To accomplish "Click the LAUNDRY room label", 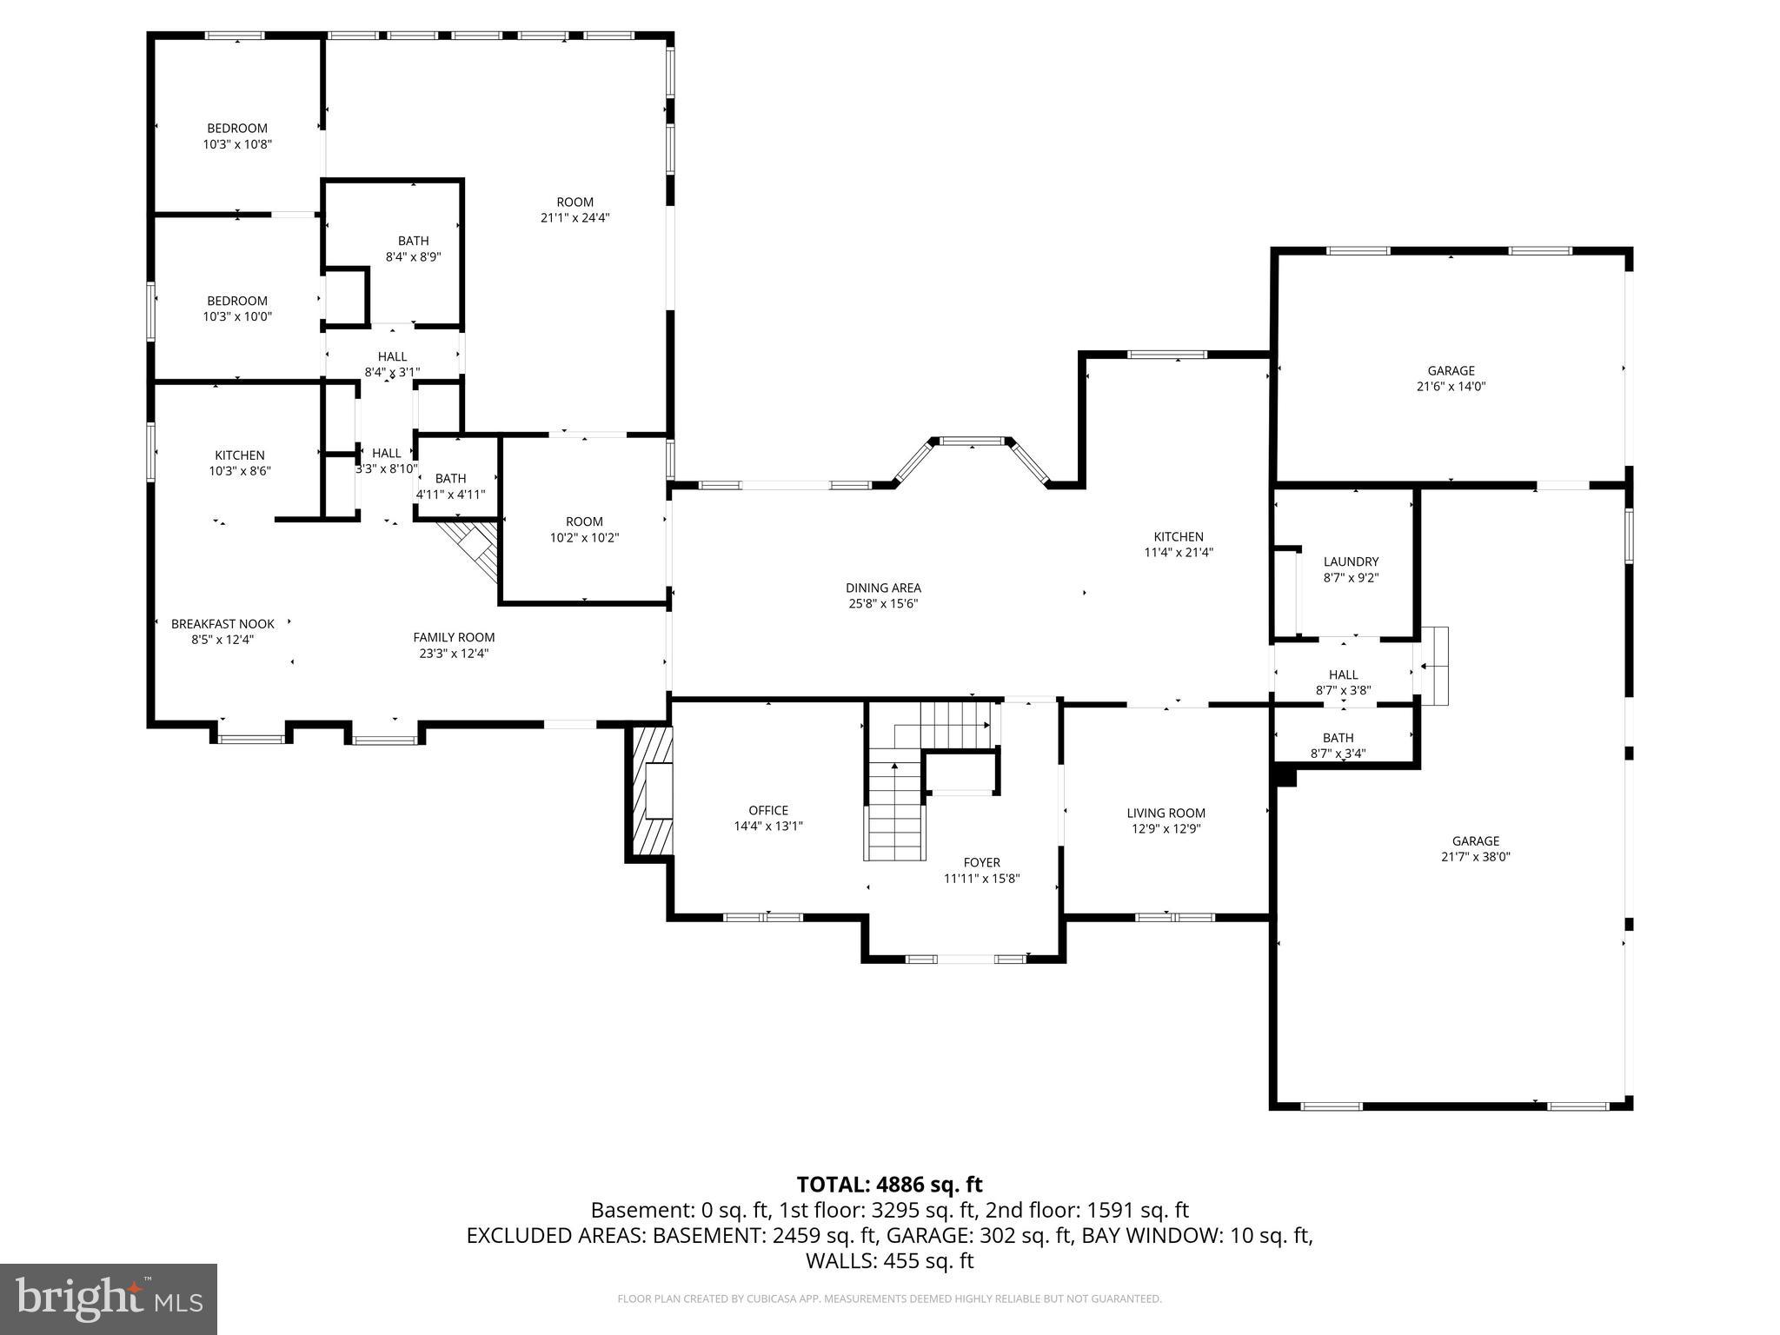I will (1351, 562).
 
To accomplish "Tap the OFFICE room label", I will (768, 811).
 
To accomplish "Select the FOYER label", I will (981, 863).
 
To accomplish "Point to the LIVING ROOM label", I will (1166, 814).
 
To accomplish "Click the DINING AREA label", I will (883, 588).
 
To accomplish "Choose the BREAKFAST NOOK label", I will (222, 624).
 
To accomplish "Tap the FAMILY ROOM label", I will (454, 638).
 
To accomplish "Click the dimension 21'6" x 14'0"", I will (1451, 387).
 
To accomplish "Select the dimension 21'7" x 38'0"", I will (1475, 857).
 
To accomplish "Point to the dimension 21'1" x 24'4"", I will (575, 218).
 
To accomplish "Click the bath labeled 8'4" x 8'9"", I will (414, 249).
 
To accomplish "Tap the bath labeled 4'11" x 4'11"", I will (450, 487).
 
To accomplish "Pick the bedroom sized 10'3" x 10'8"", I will (237, 136).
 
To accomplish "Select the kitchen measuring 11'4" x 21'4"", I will (1179, 544).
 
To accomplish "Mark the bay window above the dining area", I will (972, 443).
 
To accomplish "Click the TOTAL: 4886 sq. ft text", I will (889, 1185).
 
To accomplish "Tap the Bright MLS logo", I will (109, 1298).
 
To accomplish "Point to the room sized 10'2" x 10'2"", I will (584, 529).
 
